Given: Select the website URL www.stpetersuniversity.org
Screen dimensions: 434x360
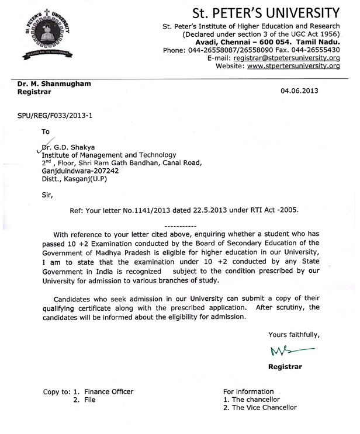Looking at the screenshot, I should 294,67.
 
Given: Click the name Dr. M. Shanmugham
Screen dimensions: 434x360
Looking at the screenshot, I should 54,84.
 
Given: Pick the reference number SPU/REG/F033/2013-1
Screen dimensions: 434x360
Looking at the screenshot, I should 54,116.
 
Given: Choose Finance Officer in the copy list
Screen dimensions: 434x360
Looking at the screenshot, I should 109,391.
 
